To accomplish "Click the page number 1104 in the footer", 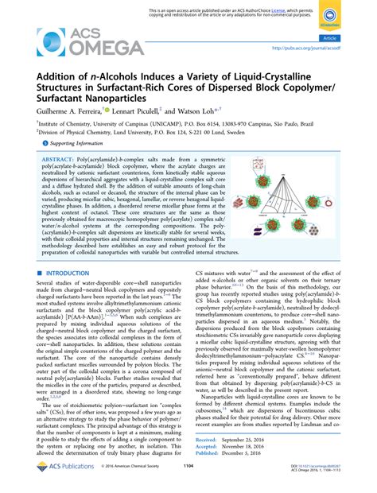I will pos(188,484).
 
